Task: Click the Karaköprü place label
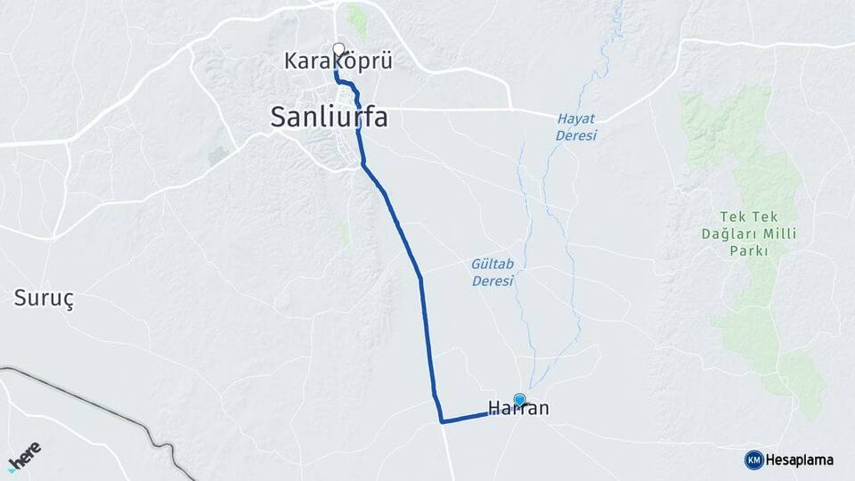tap(338, 61)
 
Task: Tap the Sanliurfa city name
tap(330, 117)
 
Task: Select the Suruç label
tap(44, 298)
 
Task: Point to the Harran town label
tap(518, 410)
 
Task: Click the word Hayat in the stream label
tap(575, 118)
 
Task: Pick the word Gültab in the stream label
tap(492, 264)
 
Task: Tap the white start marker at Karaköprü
tap(338, 49)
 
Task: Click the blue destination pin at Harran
tap(519, 400)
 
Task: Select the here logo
tap(24, 457)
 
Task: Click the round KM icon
tap(753, 460)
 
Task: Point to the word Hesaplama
tap(799, 460)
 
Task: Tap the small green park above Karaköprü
tap(356, 20)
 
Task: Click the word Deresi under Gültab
tap(493, 281)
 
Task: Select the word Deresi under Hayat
tap(575, 135)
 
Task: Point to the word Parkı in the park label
tap(746, 251)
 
